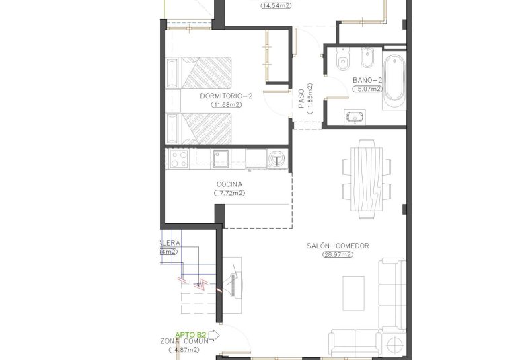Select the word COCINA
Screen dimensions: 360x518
click(229, 184)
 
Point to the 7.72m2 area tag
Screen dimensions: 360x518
click(229, 193)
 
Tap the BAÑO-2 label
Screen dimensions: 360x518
click(367, 80)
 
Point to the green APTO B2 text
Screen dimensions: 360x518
click(190, 334)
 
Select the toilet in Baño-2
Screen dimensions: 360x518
click(343, 61)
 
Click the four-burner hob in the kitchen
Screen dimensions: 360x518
click(180, 158)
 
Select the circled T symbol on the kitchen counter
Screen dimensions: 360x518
click(277, 159)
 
